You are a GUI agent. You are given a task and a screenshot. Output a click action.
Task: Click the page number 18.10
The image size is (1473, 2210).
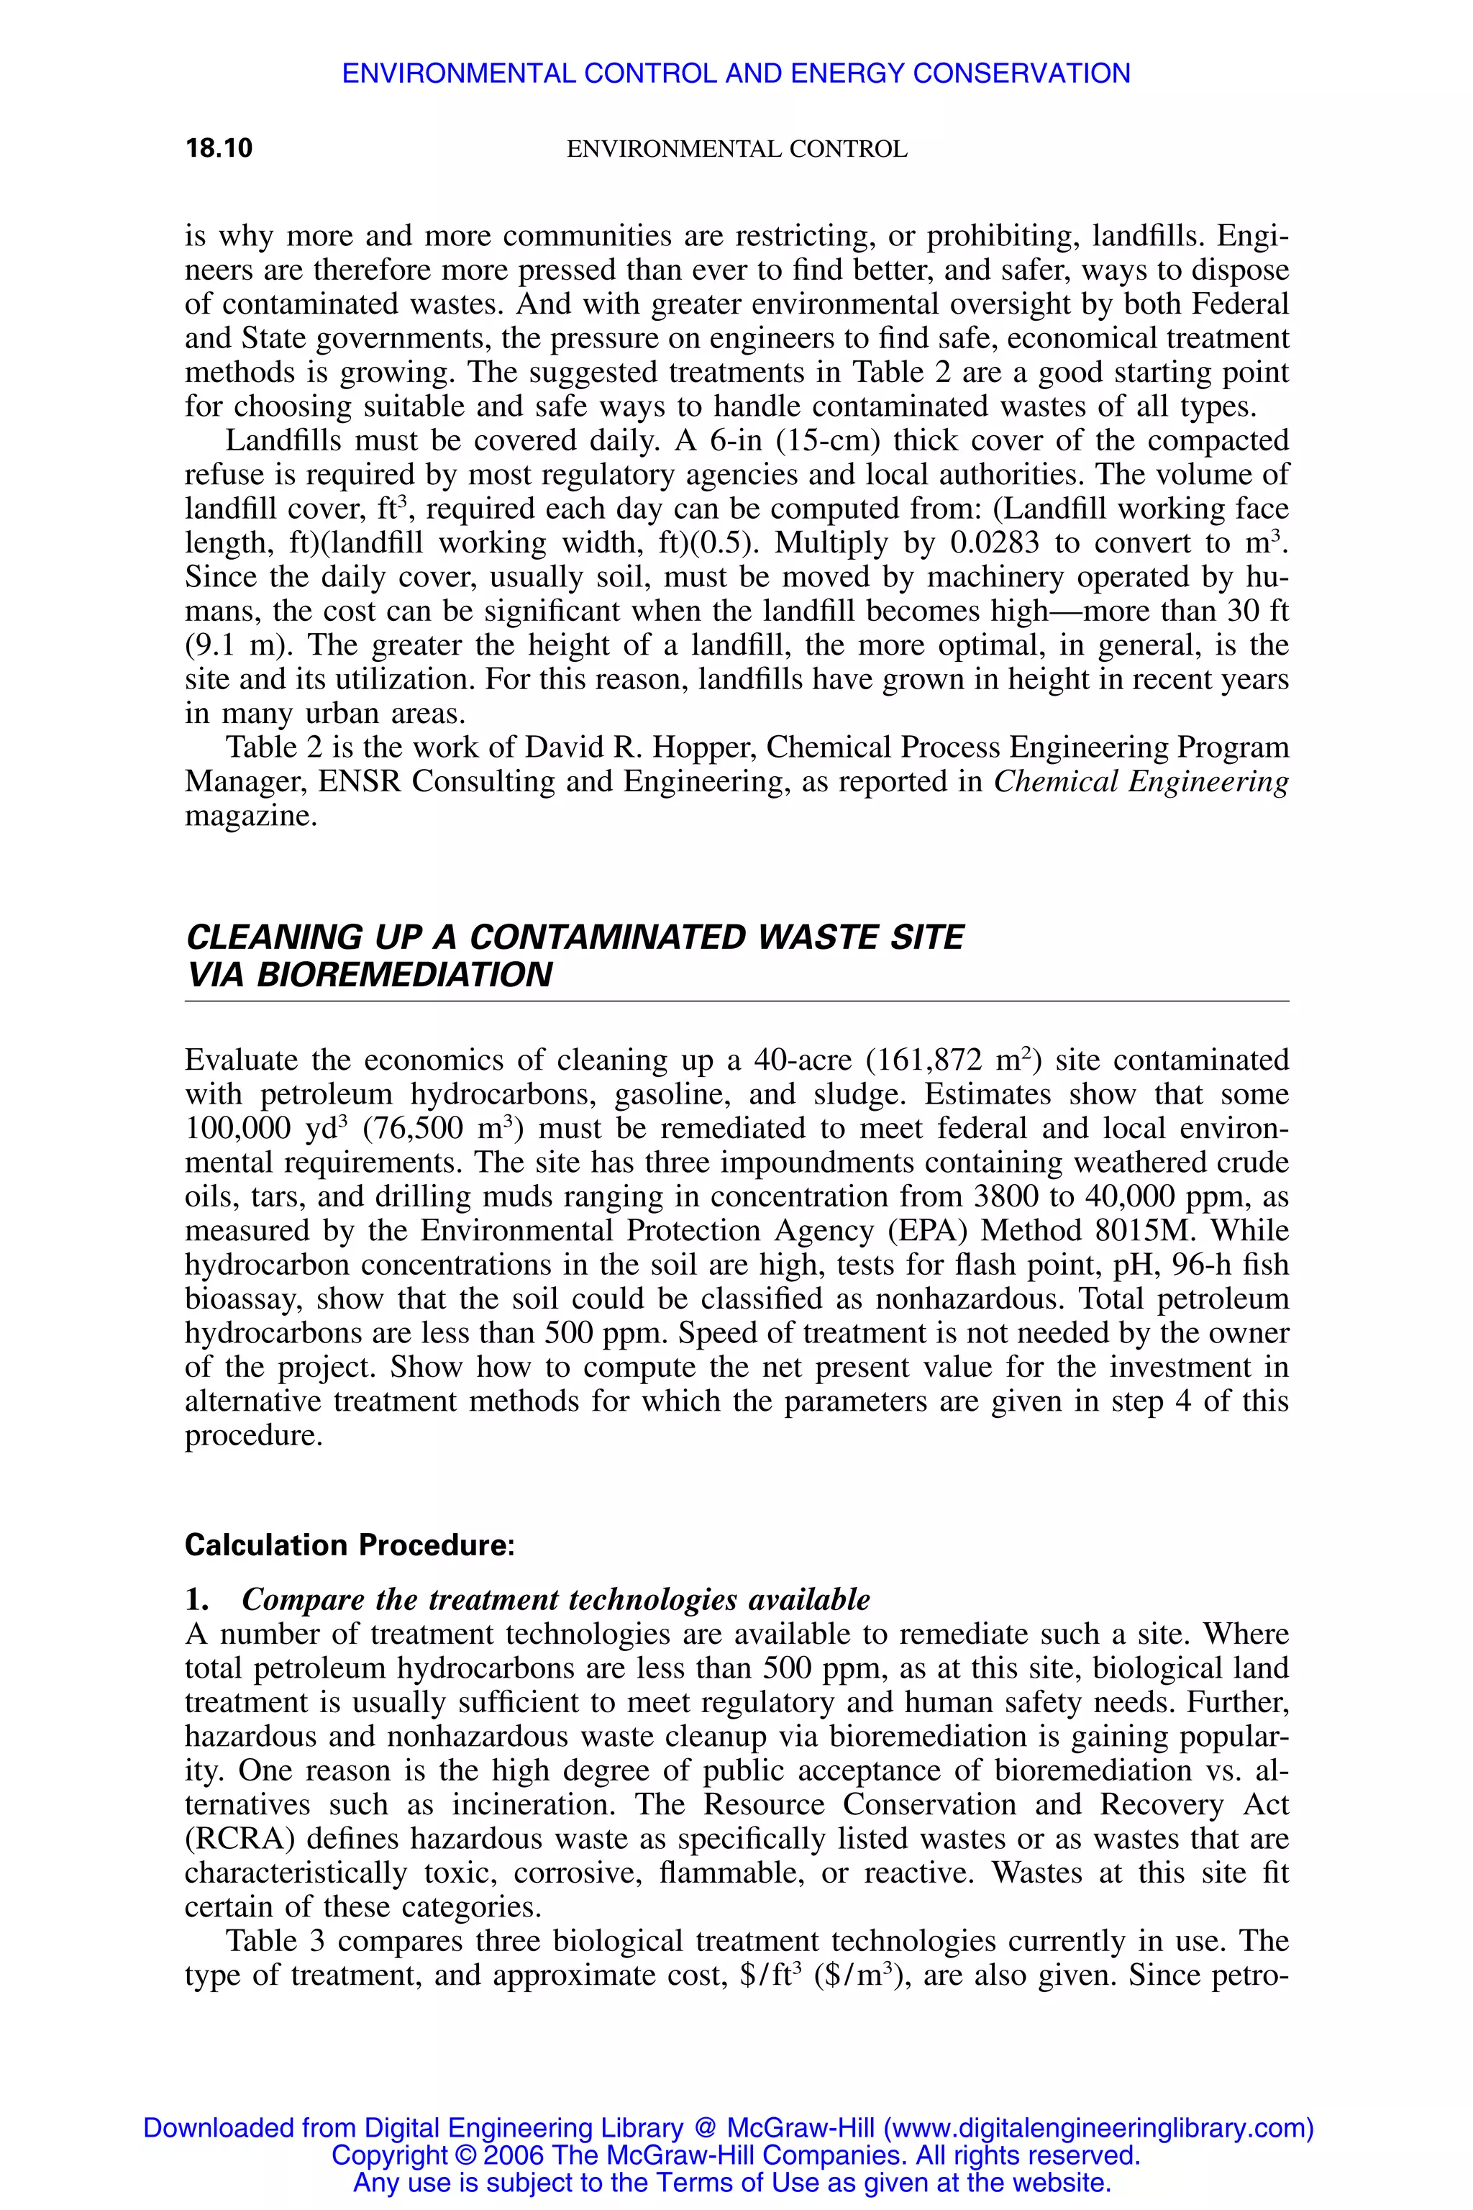tap(219, 148)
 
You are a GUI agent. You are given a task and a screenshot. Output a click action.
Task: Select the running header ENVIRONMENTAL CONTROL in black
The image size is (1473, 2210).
tap(736, 150)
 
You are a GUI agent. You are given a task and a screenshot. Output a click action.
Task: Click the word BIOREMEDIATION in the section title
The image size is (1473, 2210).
tap(405, 976)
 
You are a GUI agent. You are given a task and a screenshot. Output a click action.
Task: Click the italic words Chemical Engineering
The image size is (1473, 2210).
tap(1141, 782)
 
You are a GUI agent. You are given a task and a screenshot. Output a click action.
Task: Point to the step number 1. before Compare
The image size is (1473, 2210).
tap(196, 1600)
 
